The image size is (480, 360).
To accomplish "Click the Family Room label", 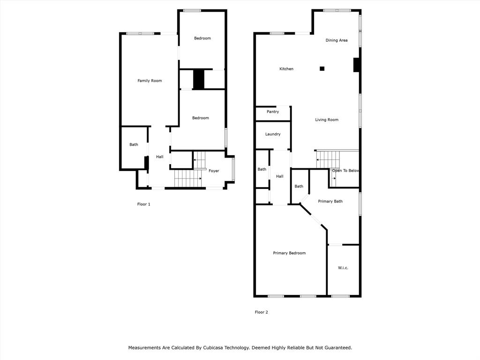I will tap(150, 81).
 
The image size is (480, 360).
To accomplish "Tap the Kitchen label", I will tap(286, 69).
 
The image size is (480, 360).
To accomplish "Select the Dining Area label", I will tap(337, 40).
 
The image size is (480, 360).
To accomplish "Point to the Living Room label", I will tap(327, 120).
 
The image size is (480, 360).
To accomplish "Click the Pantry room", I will tap(273, 112).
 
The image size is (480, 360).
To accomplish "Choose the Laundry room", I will tap(273, 134).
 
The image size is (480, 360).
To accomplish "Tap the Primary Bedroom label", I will tap(289, 253).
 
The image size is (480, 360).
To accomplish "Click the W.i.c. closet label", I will tap(343, 268).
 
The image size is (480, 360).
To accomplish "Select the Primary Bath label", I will tap(330, 201).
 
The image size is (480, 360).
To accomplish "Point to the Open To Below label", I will tap(345, 171).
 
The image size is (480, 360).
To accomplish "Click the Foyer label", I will tap(214, 171).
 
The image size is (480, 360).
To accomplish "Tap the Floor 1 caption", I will tap(143, 204).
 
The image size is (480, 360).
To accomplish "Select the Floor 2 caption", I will tap(261, 312).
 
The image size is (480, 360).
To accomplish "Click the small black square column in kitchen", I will tap(322, 68).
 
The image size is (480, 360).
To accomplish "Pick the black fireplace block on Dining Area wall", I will tap(356, 65).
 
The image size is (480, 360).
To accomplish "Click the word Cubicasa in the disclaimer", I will tap(216, 348).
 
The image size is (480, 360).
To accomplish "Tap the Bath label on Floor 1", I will tap(134, 145).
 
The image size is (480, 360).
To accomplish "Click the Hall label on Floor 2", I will tap(280, 177).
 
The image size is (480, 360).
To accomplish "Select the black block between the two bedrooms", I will tap(199, 79).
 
